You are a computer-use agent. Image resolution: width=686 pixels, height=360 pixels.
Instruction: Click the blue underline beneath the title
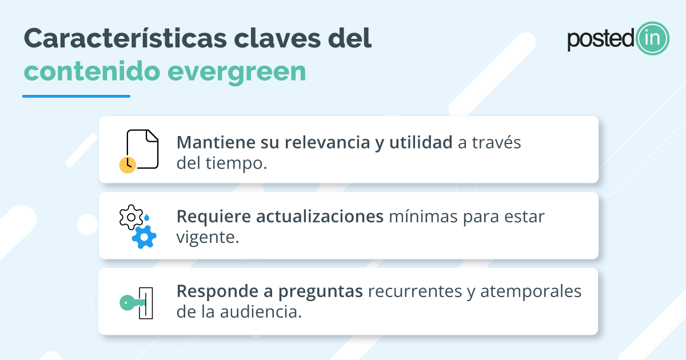pos(76,96)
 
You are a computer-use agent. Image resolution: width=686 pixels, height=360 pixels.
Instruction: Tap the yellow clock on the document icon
pos(127,165)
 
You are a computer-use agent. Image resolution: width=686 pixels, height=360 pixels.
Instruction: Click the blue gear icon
pos(144,236)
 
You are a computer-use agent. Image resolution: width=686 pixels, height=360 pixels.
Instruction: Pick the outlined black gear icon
pos(131,217)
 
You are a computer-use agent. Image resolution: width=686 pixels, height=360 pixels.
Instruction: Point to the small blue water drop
pos(147,217)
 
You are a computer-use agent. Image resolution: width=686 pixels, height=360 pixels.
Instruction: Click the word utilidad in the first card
pos(421,143)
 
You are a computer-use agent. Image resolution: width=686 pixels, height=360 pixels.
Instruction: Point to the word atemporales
pos(531,291)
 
